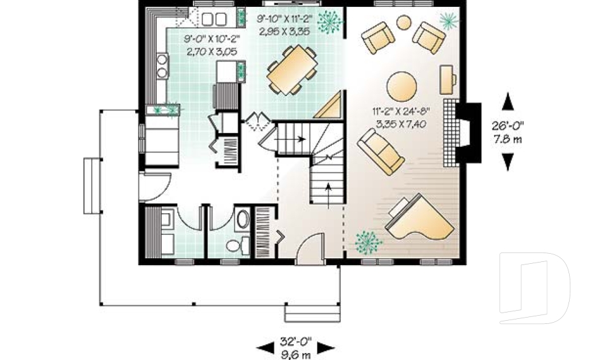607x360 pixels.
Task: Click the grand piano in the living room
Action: click(x=420, y=219)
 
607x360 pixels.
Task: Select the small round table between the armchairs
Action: click(x=403, y=23)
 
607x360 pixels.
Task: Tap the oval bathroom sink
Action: click(x=242, y=220)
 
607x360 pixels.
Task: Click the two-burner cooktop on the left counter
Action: click(x=162, y=65)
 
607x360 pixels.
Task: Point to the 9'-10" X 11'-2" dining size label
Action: click(x=285, y=24)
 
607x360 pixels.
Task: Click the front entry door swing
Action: click(x=310, y=247)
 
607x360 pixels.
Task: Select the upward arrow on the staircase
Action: click(x=328, y=187)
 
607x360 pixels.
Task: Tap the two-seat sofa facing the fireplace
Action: click(x=381, y=151)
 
